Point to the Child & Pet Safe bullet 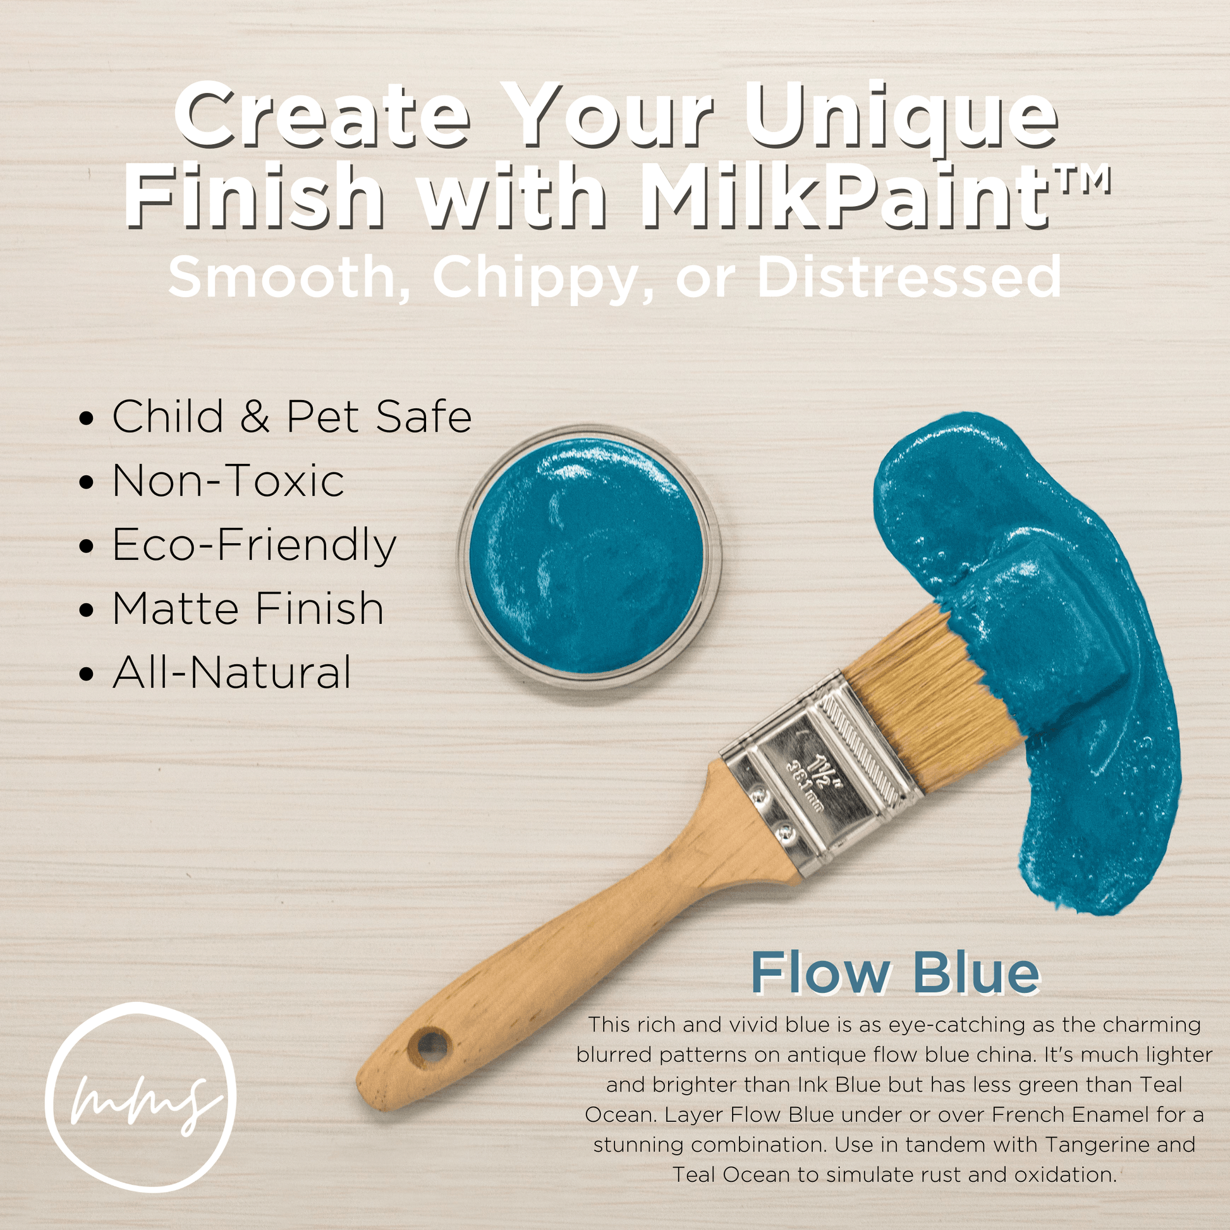point(291,417)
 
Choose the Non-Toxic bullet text point(228,480)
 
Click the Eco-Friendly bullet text point(254,546)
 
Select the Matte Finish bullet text point(248,609)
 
